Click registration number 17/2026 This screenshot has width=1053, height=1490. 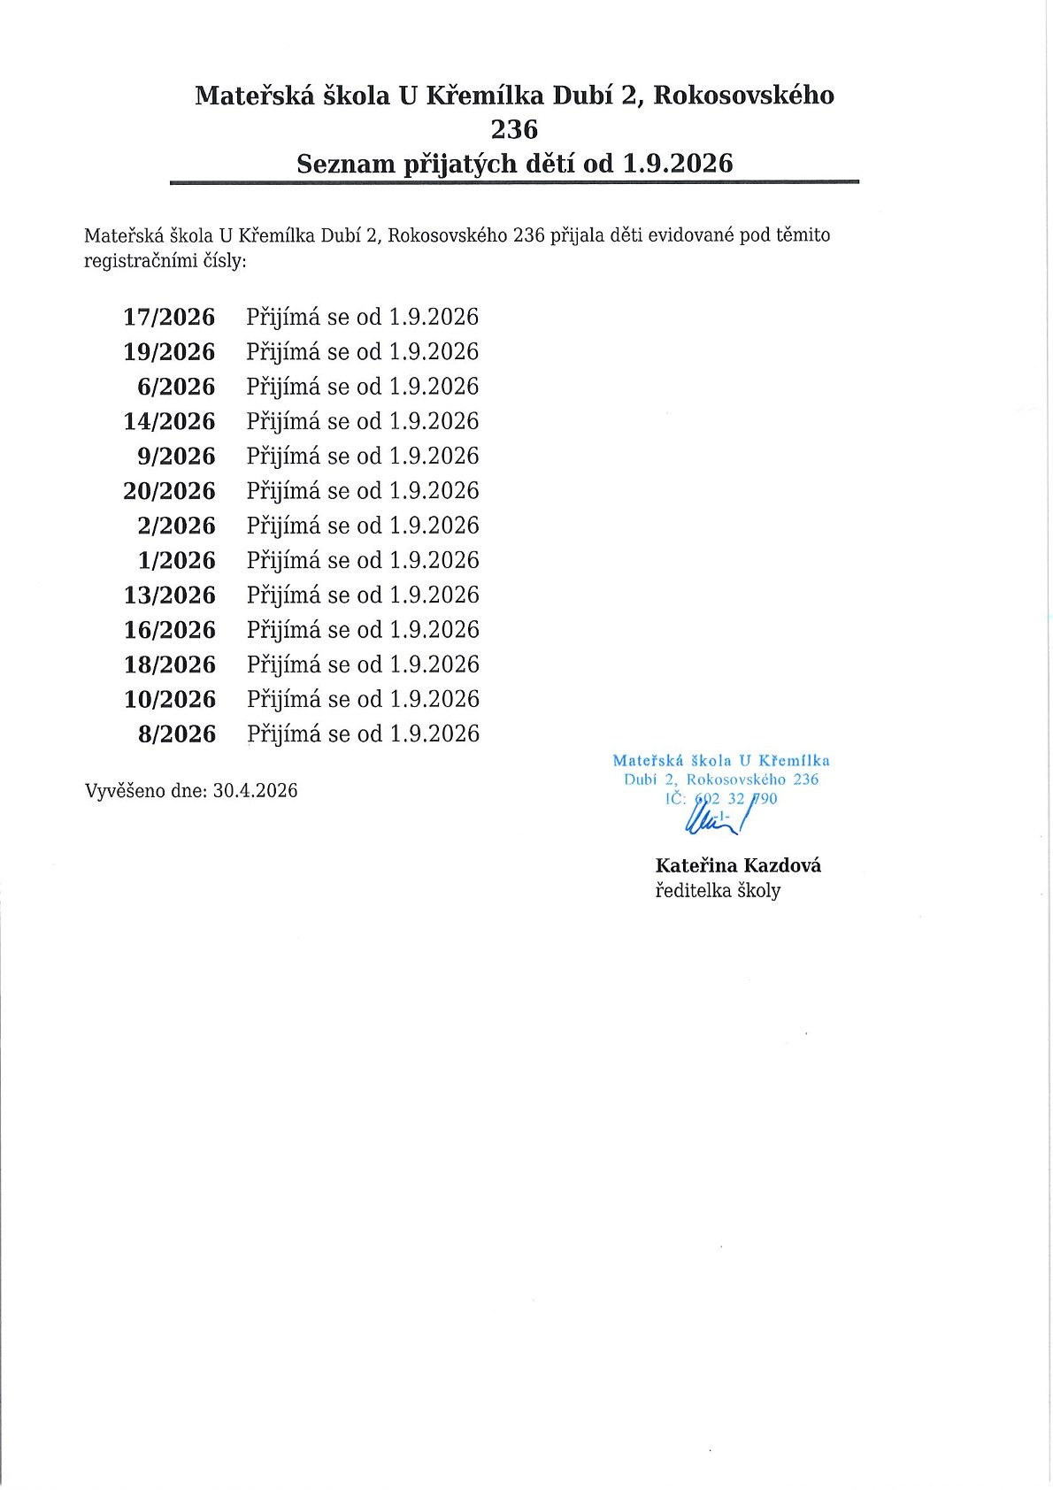coord(169,317)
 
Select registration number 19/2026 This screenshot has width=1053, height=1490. coord(169,352)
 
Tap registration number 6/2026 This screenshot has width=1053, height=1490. coord(176,387)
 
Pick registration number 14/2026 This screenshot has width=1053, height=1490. coord(169,421)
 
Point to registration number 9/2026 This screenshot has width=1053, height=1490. coord(176,457)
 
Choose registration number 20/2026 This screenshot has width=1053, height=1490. coord(169,491)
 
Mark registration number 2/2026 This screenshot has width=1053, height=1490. coord(176,526)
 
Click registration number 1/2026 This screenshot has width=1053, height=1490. coord(176,560)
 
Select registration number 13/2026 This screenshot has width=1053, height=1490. coord(169,595)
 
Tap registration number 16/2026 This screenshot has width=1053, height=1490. coord(169,630)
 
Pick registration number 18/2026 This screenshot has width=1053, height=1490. coord(169,664)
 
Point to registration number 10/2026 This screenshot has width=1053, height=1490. coord(169,699)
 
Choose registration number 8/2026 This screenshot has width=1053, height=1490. coord(176,733)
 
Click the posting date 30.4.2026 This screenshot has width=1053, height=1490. coord(255,790)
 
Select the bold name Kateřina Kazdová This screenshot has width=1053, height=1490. coord(738,865)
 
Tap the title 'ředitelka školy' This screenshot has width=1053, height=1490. coord(718,890)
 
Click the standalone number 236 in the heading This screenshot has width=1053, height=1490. coord(514,129)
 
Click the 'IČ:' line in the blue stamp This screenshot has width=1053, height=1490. coord(721,799)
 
